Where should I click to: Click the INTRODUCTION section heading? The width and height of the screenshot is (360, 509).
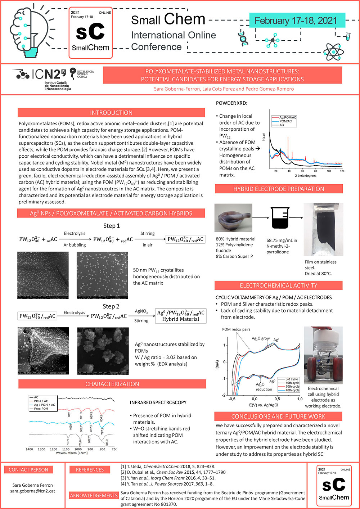(111, 113)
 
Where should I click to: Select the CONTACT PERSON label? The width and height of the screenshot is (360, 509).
(28, 470)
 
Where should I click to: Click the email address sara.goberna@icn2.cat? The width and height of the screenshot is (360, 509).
(32, 491)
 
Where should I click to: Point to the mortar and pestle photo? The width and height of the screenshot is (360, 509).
(233, 218)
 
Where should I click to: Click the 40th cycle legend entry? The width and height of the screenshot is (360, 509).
(292, 390)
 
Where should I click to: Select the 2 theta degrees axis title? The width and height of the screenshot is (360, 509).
(306, 176)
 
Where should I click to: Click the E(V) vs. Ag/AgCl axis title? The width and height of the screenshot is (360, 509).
(264, 405)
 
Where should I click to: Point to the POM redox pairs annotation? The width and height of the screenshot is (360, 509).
(236, 329)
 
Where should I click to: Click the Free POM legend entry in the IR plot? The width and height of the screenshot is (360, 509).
(41, 409)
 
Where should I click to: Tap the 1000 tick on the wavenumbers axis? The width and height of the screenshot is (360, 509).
(78, 449)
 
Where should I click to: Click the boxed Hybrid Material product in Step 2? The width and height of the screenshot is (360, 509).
(181, 316)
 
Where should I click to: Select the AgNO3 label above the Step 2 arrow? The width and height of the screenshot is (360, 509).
(141, 311)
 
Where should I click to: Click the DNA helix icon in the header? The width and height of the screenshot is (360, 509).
(243, 39)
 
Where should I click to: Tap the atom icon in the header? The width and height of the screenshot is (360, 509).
(333, 52)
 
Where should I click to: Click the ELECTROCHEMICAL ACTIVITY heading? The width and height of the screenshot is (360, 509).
(279, 285)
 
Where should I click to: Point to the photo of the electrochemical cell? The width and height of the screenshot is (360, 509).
(323, 355)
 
